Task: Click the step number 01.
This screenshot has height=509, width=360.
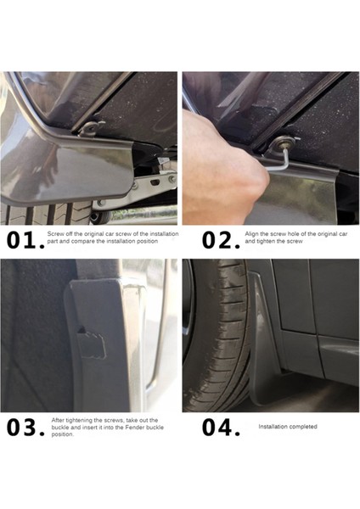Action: (x=25, y=240)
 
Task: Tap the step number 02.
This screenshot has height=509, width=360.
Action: (x=221, y=240)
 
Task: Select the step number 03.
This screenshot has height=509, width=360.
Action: (x=25, y=427)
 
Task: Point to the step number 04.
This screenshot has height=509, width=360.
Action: (x=221, y=427)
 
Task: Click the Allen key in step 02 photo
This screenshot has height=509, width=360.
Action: (x=284, y=159)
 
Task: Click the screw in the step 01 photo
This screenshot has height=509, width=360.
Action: (x=93, y=127)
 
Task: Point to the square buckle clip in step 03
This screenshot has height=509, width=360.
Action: (x=92, y=343)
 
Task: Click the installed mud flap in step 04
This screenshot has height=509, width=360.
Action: (x=265, y=341)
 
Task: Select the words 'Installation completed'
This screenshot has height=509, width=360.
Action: (x=288, y=427)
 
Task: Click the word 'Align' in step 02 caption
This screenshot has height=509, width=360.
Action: (x=251, y=234)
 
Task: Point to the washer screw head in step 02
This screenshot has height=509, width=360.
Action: (x=282, y=142)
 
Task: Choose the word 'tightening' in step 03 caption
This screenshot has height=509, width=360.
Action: (x=76, y=420)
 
